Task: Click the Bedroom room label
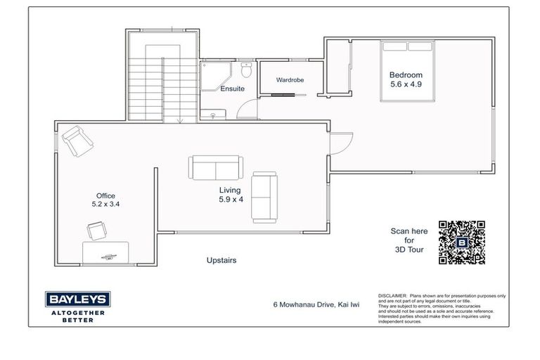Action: pyautogui.click(x=406, y=75)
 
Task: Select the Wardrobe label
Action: pyautogui.click(x=290, y=80)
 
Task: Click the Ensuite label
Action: pyautogui.click(x=232, y=89)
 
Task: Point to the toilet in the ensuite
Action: pyautogui.click(x=245, y=70)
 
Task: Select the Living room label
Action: pyautogui.click(x=229, y=190)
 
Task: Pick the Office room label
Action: pyautogui.click(x=105, y=196)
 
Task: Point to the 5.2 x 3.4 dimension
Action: pyautogui.click(x=105, y=205)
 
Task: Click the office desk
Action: pyautogui.click(x=105, y=252)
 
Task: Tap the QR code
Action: pyautogui.click(x=462, y=242)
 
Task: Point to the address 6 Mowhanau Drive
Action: pyautogui.click(x=312, y=305)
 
